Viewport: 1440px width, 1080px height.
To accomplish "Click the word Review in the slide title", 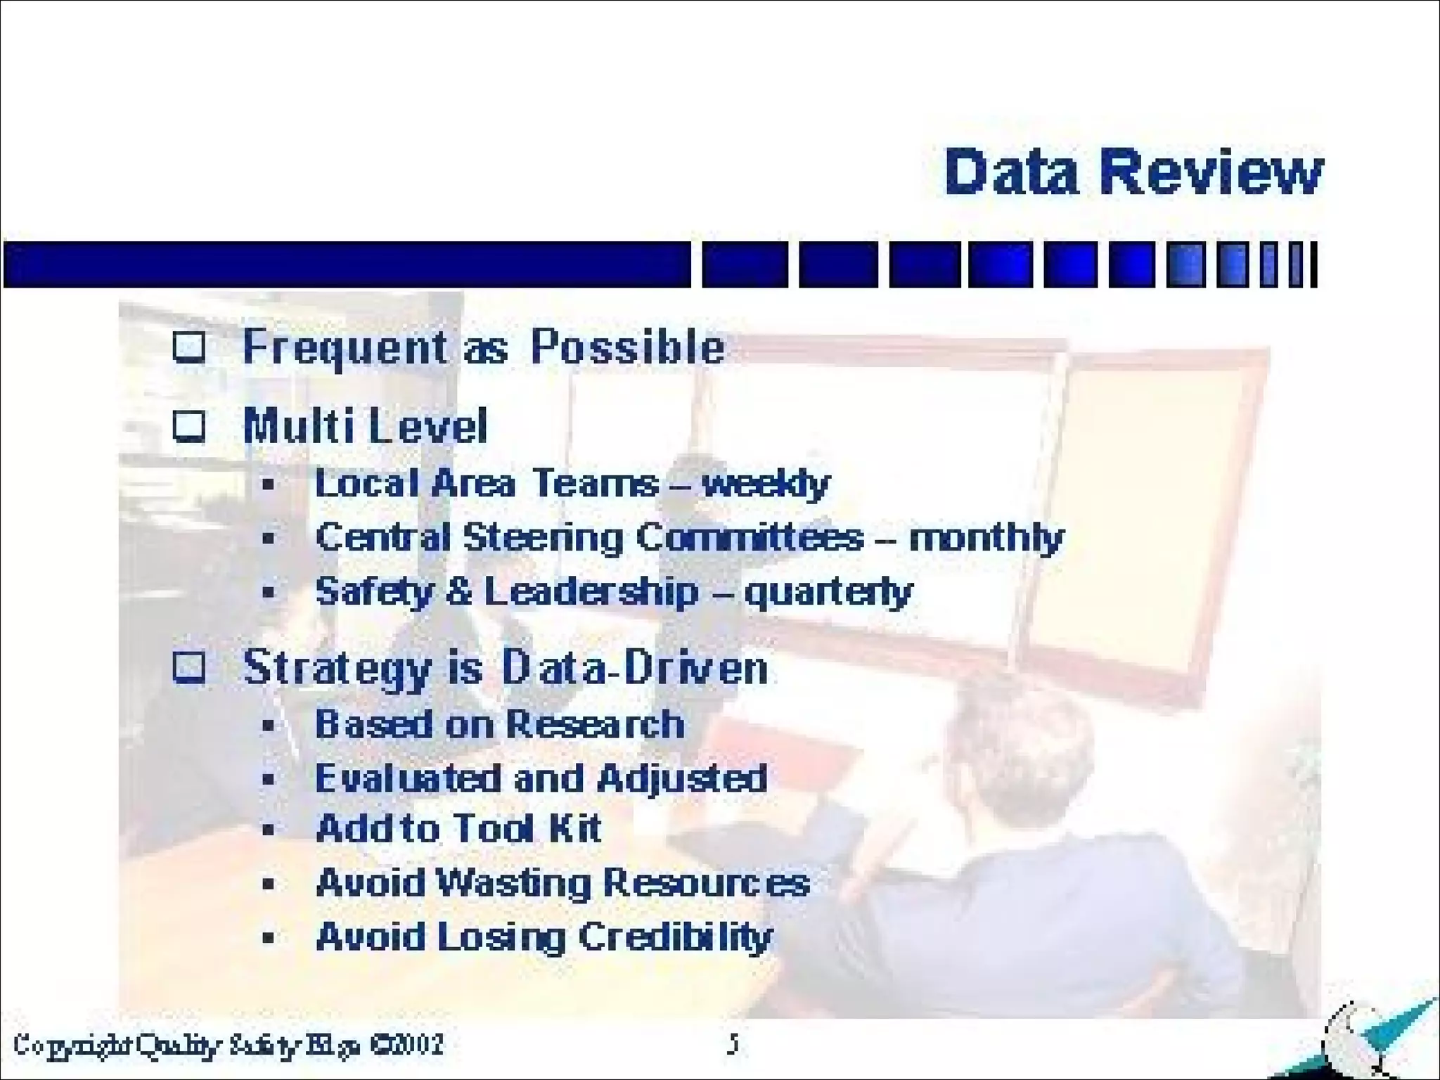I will (x=1211, y=172).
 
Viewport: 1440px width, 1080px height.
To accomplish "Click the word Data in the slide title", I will (x=1011, y=172).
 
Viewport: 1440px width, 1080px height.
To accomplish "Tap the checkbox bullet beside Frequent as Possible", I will (x=189, y=347).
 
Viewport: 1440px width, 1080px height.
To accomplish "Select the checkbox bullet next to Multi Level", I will (x=189, y=426).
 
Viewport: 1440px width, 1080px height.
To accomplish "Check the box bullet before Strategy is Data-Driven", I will (x=189, y=667).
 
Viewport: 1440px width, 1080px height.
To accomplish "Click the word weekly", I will (x=766, y=484).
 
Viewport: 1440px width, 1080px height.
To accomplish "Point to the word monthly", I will (x=986, y=539).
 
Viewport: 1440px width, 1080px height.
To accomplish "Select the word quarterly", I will (x=828, y=592).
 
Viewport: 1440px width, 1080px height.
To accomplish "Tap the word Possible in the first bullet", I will (x=627, y=347).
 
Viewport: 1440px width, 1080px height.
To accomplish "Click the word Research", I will (x=595, y=724).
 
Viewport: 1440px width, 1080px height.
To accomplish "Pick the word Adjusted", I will (x=681, y=779).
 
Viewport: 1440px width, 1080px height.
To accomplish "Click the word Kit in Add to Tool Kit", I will (x=575, y=828).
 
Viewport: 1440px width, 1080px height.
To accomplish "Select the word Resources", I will (x=707, y=882).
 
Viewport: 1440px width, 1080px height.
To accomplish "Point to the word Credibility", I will (x=676, y=937).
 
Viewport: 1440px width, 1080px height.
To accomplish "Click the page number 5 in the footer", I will (x=733, y=1045).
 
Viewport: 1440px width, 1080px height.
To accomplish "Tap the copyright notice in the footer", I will (x=229, y=1045).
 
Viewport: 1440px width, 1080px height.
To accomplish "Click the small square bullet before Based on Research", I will (x=268, y=725).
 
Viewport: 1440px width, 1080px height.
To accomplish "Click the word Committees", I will (x=750, y=538).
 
